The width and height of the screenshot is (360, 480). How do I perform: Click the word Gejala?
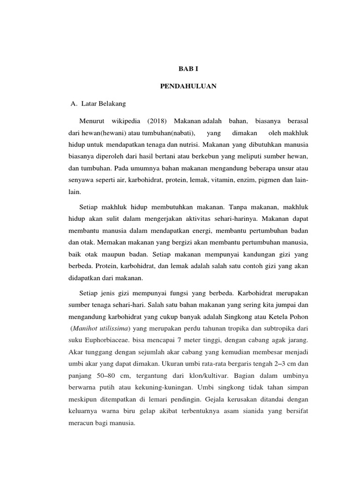[x=219, y=398]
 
